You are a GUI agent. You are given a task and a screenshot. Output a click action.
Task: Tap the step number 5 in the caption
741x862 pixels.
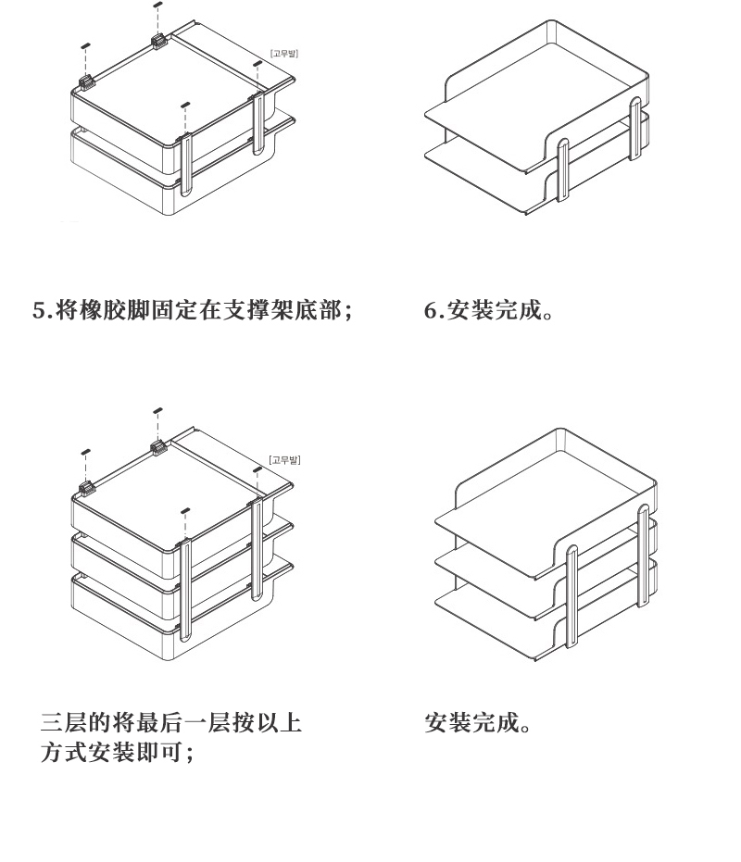point(40,311)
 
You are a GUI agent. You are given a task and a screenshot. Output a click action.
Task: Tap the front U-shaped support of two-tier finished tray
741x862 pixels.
point(562,176)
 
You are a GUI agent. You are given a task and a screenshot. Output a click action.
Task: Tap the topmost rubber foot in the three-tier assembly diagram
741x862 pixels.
point(157,409)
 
